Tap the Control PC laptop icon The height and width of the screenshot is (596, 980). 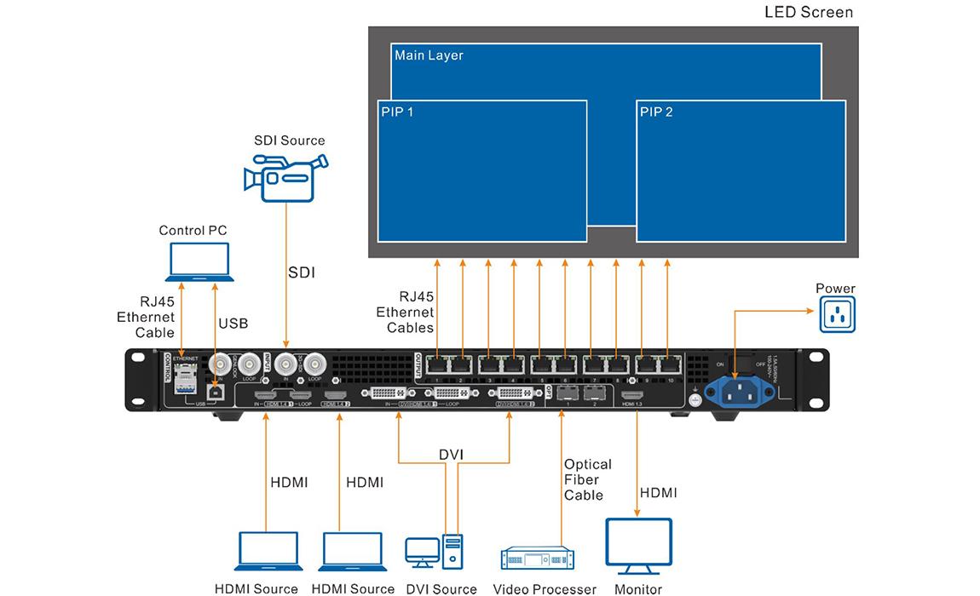click(x=199, y=261)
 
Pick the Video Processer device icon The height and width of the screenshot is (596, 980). click(x=536, y=559)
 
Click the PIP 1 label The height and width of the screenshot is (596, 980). click(x=395, y=112)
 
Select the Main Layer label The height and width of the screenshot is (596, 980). click(x=429, y=55)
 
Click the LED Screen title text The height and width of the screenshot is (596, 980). click(x=808, y=13)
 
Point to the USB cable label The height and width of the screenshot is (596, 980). click(x=233, y=324)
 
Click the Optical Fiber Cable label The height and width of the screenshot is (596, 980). click(x=588, y=479)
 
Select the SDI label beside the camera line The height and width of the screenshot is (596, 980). click(x=302, y=272)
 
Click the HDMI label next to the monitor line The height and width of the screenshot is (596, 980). click(x=658, y=493)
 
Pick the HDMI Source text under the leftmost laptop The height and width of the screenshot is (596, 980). click(x=257, y=588)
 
